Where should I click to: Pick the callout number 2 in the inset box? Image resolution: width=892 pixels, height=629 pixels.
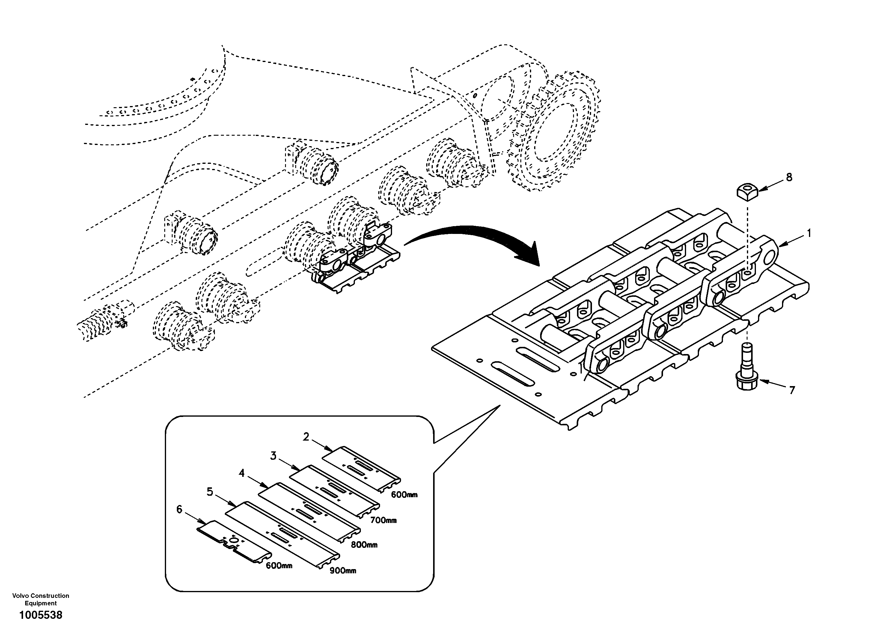[306, 437]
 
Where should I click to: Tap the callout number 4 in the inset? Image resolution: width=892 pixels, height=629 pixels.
[242, 473]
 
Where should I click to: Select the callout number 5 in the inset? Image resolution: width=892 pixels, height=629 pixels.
[210, 492]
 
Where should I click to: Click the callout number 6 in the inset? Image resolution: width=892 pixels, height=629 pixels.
[179, 509]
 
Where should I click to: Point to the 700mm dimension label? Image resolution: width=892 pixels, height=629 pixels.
[383, 520]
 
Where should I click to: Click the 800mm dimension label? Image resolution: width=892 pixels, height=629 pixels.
[364, 545]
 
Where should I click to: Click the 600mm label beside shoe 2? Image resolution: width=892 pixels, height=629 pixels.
[404, 495]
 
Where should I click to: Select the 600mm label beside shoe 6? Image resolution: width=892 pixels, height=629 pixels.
[279, 566]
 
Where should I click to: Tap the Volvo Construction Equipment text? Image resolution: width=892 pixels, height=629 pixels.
[41, 599]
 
